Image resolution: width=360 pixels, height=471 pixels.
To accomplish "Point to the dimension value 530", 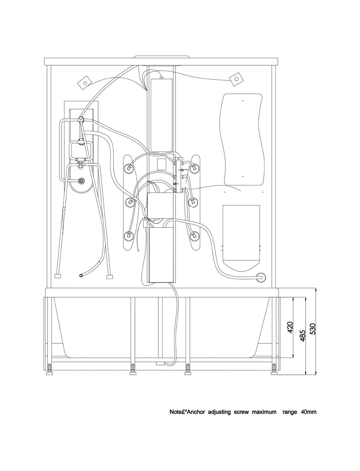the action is click(x=313, y=329).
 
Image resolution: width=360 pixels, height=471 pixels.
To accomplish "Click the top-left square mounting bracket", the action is click(x=85, y=82).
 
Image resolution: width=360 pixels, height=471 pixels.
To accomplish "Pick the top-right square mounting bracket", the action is click(x=236, y=79).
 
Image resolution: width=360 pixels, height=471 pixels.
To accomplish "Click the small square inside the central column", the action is click(x=161, y=164).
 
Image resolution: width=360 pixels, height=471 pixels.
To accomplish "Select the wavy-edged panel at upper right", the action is click(x=242, y=139).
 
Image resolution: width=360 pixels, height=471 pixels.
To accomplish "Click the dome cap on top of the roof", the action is click(x=161, y=57).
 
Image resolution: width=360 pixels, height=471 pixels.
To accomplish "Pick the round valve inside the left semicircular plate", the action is click(x=81, y=181).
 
